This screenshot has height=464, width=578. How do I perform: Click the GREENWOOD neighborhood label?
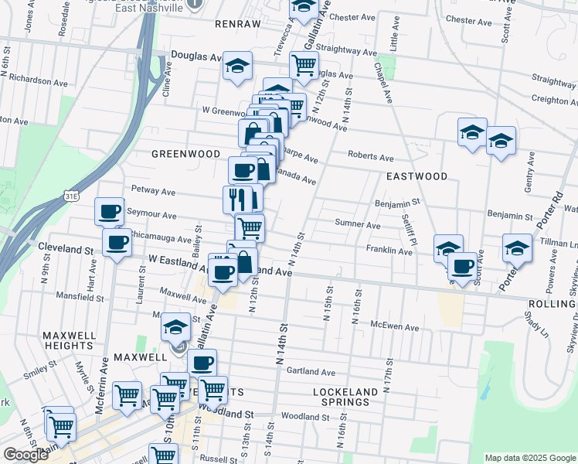pos(185,153)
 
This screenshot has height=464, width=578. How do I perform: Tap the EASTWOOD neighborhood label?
pos(417,176)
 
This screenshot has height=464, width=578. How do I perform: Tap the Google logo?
pos(26,455)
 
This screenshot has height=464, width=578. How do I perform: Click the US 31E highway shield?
pos(71,197)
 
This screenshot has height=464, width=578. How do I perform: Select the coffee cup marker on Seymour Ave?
pos(109,210)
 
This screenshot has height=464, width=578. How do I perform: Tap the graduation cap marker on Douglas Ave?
pos(238,65)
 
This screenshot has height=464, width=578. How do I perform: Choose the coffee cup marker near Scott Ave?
pos(462,267)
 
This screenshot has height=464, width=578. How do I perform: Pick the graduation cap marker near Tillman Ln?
pos(517,248)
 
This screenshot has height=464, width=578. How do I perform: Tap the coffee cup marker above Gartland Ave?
pos(202,363)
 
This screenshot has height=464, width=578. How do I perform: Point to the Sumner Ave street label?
pos(357,225)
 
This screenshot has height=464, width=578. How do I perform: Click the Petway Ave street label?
pos(153,189)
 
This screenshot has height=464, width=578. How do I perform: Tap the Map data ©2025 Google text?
pos(530,458)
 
